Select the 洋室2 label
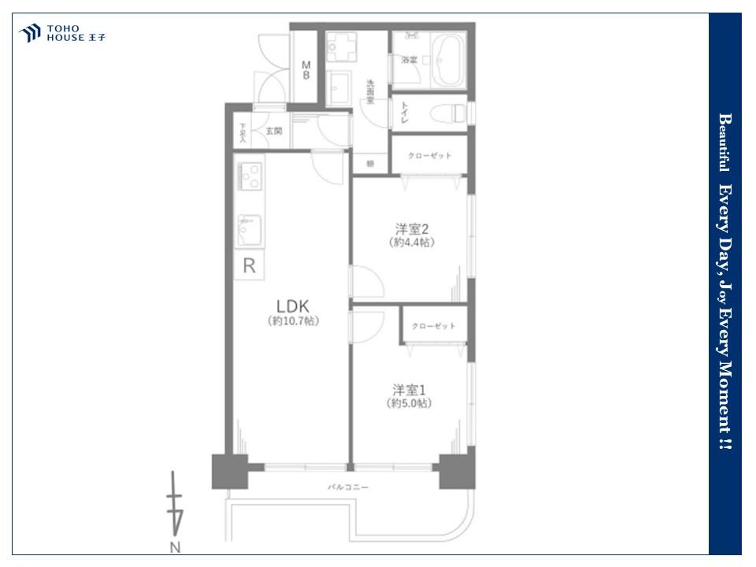point(411,229)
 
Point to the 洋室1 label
point(409,389)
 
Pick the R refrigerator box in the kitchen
point(249,266)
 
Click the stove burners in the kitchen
point(250,176)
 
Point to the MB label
point(306,70)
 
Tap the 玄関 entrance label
point(273,131)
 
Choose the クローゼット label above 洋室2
point(430,156)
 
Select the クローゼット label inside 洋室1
point(433,326)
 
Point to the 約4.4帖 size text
point(411,243)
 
